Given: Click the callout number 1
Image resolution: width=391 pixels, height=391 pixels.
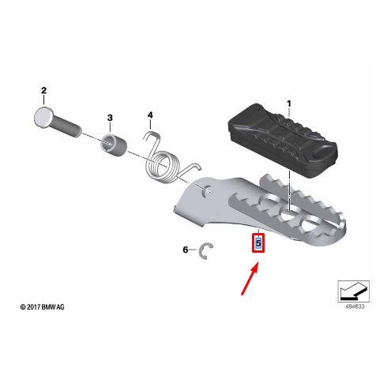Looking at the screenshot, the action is pyautogui.click(x=289, y=103).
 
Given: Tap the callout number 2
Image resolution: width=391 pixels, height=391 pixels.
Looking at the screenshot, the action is pyautogui.click(x=43, y=91).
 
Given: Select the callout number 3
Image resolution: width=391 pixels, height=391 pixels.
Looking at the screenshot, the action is pyautogui.click(x=110, y=118).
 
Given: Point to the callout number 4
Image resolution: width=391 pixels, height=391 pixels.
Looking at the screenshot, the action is pyautogui.click(x=150, y=115).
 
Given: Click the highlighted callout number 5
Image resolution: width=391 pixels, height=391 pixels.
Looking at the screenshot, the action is pyautogui.click(x=258, y=242).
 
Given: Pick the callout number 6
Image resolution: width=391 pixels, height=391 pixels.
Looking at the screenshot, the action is pyautogui.click(x=186, y=250).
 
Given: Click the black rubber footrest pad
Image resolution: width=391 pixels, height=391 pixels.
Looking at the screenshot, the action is pyautogui.click(x=283, y=141).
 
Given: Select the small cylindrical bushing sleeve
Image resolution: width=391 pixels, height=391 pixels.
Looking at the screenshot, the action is pyautogui.click(x=114, y=145).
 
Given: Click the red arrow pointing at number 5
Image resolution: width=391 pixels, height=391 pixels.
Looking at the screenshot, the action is pyautogui.click(x=250, y=278).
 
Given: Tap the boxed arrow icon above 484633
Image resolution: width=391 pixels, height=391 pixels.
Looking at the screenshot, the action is pyautogui.click(x=353, y=291).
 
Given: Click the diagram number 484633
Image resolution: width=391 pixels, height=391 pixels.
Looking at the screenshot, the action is pyautogui.click(x=355, y=306).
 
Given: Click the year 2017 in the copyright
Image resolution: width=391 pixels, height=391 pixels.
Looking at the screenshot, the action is pyautogui.click(x=33, y=307).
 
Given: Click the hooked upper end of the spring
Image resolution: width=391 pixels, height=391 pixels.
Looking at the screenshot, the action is pyautogui.click(x=152, y=136).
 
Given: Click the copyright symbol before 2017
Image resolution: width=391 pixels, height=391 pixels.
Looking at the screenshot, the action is pyautogui.click(x=23, y=307).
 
